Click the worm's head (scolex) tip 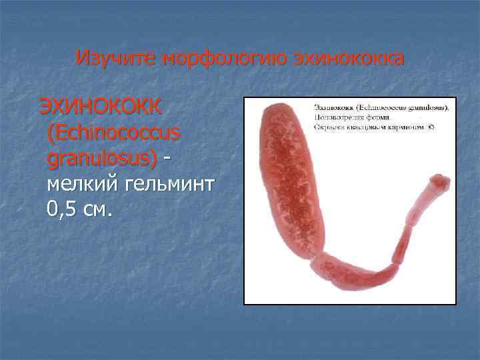click(441, 181)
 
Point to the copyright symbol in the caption click(431, 127)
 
